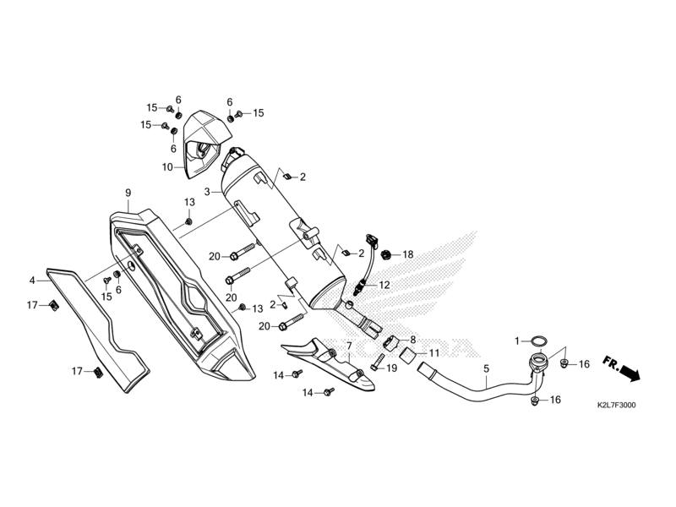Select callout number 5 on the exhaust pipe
click(486, 369)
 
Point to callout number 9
click(128, 193)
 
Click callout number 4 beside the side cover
click(32, 280)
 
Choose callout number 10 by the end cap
click(167, 167)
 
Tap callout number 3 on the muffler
click(206, 193)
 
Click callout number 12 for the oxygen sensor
click(384, 285)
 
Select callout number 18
click(407, 254)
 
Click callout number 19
click(391, 368)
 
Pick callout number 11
click(433, 352)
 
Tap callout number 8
click(412, 339)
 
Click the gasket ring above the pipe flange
click(538, 341)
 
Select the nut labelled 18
click(385, 254)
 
